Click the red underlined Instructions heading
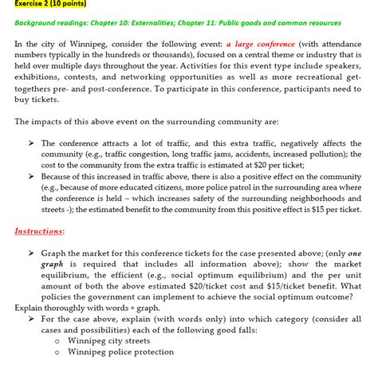click(x=39, y=231)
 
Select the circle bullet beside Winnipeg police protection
click(x=58, y=352)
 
